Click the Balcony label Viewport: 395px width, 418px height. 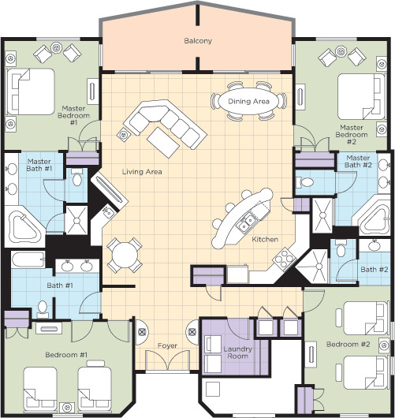197,40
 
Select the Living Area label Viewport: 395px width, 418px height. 142,171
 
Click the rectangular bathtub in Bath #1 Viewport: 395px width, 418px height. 26,261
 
